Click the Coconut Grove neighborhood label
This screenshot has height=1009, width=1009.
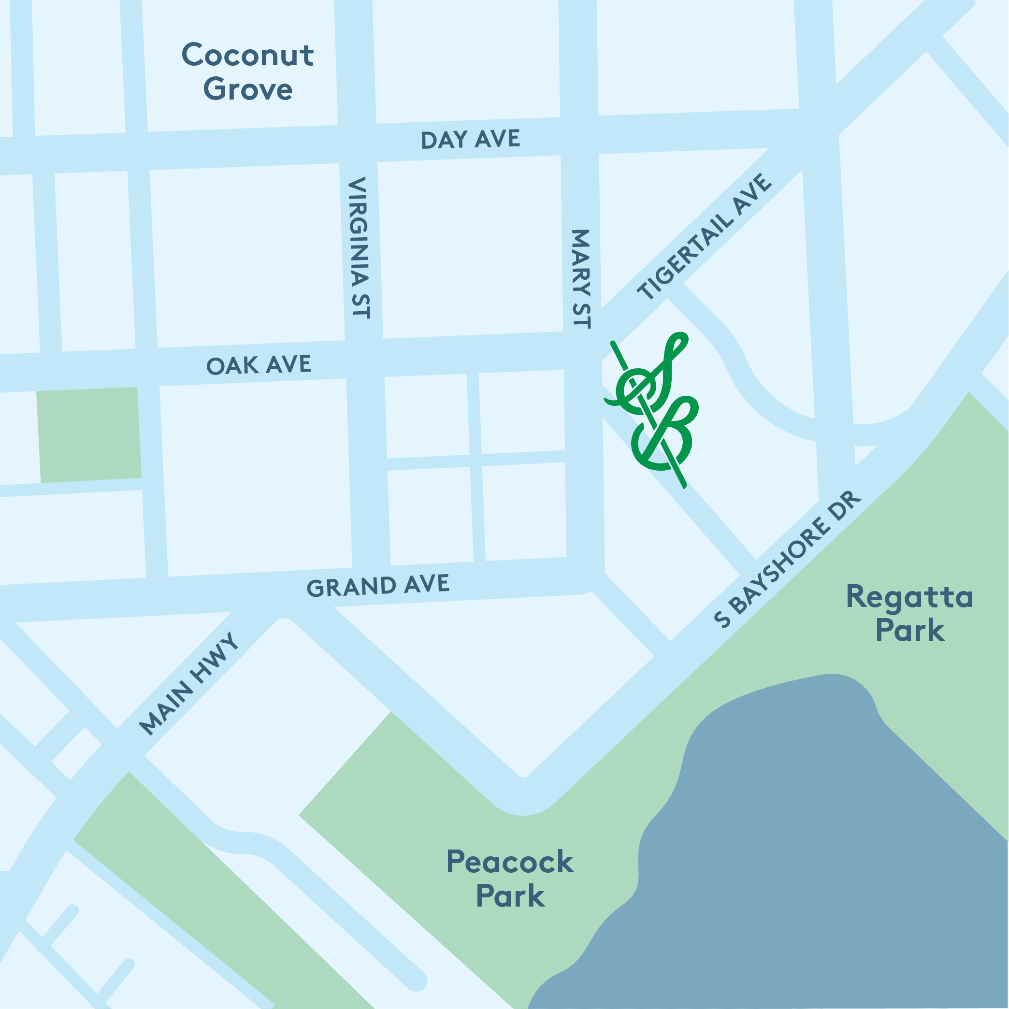click(247, 72)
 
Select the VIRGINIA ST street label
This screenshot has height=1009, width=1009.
click(360, 247)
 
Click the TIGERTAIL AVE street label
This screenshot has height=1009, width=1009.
click(704, 237)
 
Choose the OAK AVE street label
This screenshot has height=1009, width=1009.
click(259, 364)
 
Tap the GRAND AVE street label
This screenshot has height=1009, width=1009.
click(377, 586)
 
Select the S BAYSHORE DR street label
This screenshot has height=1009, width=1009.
click(788, 558)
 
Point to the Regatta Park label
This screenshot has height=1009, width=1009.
click(909, 613)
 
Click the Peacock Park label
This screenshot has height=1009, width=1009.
click(510, 878)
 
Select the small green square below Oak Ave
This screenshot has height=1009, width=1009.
click(89, 435)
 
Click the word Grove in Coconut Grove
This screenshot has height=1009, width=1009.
click(247, 89)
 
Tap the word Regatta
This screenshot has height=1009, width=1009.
click(909, 597)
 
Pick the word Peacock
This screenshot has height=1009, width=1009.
click(510, 861)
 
